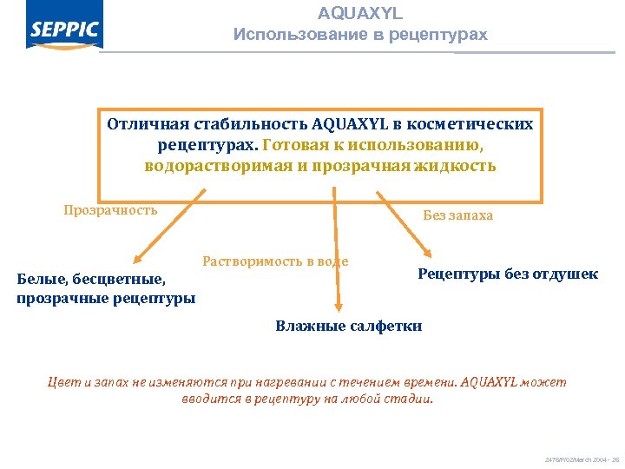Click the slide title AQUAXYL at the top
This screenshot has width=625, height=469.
pos(360,14)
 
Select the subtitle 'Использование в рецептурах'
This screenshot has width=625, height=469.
pos(360,36)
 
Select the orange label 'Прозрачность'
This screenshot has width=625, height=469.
pos(110,209)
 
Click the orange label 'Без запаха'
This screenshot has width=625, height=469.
pos(457,215)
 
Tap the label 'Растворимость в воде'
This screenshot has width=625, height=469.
pos(275,261)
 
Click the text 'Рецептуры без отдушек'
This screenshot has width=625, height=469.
pos(508,274)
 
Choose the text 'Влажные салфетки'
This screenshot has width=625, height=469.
pos(349,327)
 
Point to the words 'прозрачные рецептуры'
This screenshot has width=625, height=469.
pos(106,298)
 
